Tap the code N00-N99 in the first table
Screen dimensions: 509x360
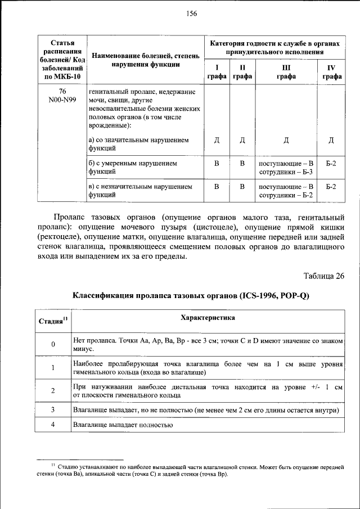pyautogui.click(x=62, y=100)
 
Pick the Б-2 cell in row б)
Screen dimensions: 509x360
pyautogui.click(x=331, y=163)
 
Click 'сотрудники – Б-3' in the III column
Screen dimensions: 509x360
pyautogui.click(x=286, y=172)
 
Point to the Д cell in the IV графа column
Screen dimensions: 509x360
pyautogui.click(x=331, y=140)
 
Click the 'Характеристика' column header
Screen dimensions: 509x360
pyautogui.click(x=208, y=318)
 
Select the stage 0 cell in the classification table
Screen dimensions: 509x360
pyautogui.click(x=53, y=344)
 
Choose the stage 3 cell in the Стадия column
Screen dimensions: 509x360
pyautogui.click(x=53, y=411)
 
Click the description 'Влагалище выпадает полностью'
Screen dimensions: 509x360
pyautogui.click(x=122, y=425)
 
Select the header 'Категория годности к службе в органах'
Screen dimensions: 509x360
pyautogui.click(x=275, y=43)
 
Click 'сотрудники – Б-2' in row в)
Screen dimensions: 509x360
pyautogui.click(x=286, y=195)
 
